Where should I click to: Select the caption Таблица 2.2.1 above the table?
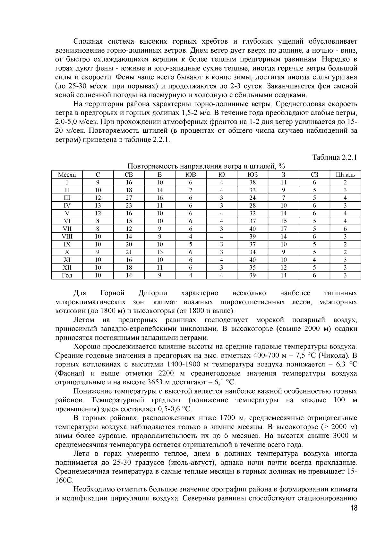pyautogui.click(x=335, y=157)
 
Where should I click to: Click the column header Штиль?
pyautogui.click(x=345, y=175)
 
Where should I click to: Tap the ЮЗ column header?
pyautogui.click(x=253, y=175)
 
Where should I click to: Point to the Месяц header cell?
pyautogui.click(x=67, y=175)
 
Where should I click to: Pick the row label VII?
pyautogui.click(x=67, y=229)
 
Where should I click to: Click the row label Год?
pyautogui.click(x=67, y=275)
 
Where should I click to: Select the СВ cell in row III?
pyautogui.click(x=129, y=198)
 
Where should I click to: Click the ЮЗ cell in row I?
pyautogui.click(x=253, y=182)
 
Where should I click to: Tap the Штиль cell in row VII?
pyautogui.click(x=345, y=229)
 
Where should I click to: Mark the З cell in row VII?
pyautogui.click(x=284, y=229)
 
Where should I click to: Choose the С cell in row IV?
pyautogui.click(x=98, y=205)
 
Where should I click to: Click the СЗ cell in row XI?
pyautogui.click(x=314, y=260)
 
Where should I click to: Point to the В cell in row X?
pyautogui.click(x=160, y=252)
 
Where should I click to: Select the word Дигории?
pyautogui.click(x=153, y=293)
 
